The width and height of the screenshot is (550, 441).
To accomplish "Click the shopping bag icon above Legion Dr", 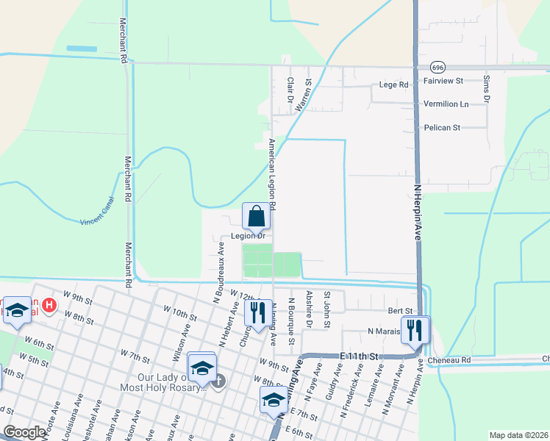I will click(x=256, y=217).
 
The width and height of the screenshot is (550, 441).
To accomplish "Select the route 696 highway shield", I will click(x=438, y=67).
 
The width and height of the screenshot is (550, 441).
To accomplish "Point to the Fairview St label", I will click(x=443, y=80).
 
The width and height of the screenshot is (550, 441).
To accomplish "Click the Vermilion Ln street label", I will click(x=446, y=104).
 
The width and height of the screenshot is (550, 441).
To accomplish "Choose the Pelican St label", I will click(x=442, y=127).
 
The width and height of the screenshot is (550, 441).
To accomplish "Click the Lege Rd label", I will click(x=393, y=85).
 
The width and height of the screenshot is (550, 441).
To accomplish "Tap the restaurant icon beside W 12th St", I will click(x=257, y=312).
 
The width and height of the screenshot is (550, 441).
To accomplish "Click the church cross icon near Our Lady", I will click(x=218, y=381).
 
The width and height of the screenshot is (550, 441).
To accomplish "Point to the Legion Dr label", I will click(x=248, y=236).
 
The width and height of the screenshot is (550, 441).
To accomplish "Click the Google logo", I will click(x=24, y=432).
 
